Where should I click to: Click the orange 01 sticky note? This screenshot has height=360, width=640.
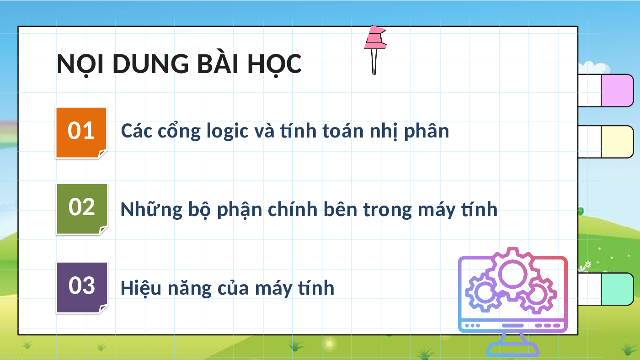point(81,133)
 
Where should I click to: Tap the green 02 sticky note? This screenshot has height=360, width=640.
point(82,209)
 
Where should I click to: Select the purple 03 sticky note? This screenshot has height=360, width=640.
point(82,288)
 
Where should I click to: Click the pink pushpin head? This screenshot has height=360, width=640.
point(375,37)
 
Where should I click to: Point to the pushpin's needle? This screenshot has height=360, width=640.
point(374,62)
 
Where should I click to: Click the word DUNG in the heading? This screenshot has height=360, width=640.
point(150,64)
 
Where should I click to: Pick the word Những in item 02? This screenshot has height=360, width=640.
point(151,210)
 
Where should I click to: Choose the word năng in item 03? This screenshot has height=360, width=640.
point(190,289)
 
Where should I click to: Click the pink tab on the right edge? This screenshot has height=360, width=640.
point(617,90)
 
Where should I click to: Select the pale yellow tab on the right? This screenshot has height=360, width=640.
point(617,142)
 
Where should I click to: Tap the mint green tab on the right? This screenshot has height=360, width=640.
point(617,289)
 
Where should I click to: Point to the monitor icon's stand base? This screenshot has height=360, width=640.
point(512,349)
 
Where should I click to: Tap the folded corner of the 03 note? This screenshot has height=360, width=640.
point(103,308)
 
